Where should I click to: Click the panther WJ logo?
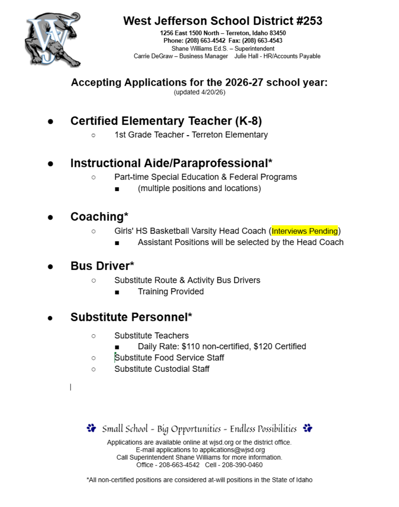[x=52, y=40]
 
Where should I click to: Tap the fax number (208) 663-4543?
[x=263, y=41]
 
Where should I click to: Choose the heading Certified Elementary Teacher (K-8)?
[x=166, y=121]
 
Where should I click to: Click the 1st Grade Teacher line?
[x=191, y=135]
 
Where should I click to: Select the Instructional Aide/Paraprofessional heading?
[x=171, y=163]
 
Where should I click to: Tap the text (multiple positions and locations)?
[x=199, y=188]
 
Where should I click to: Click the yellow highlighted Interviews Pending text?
[x=304, y=231]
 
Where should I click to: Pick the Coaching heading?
[x=99, y=217]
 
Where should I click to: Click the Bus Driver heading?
[x=102, y=266]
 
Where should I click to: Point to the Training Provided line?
[x=171, y=292]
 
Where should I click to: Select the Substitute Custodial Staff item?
[x=161, y=369]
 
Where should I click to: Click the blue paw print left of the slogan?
[x=91, y=428]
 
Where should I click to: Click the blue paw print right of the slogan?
[x=307, y=428]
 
